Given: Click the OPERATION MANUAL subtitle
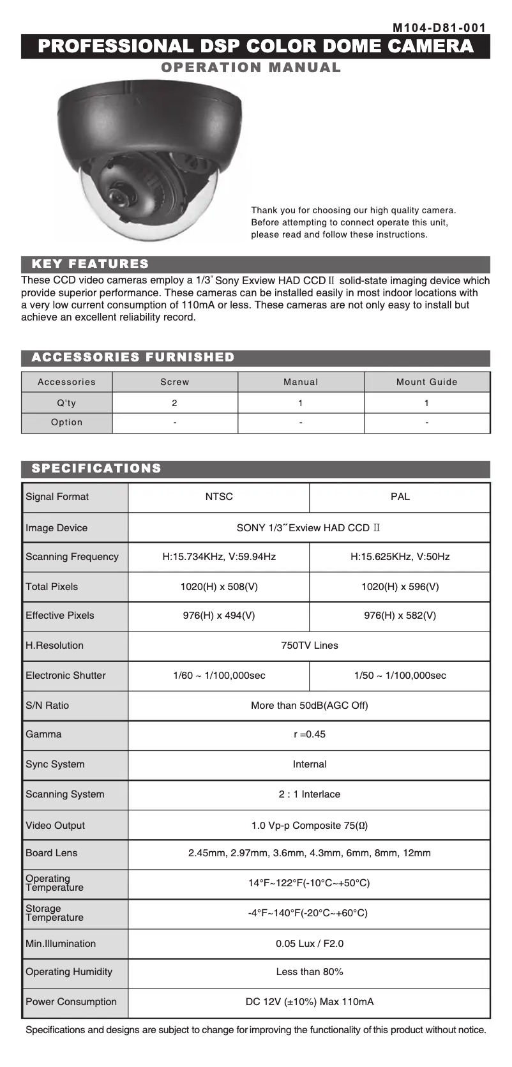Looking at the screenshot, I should pyautogui.click(x=251, y=68).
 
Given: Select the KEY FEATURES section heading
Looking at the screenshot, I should pyautogui.click(x=90, y=264).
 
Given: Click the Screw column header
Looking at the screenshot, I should pyautogui.click(x=174, y=382).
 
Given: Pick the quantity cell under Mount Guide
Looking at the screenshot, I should pyautogui.click(x=426, y=403).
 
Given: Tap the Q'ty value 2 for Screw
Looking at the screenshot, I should pyautogui.click(x=174, y=403).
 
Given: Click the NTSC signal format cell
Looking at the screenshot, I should pyautogui.click(x=219, y=497).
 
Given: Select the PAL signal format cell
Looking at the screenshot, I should pyautogui.click(x=400, y=497).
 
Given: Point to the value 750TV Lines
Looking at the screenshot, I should pyautogui.click(x=309, y=646).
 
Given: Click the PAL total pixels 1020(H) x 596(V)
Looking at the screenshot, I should pyautogui.click(x=400, y=587).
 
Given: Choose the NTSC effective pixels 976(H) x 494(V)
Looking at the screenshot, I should pyautogui.click(x=219, y=616).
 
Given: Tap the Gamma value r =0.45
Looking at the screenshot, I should pyautogui.click(x=309, y=734).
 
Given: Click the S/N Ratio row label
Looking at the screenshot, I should pyautogui.click(x=47, y=706).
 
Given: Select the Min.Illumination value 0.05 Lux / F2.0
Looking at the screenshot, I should pyautogui.click(x=309, y=944).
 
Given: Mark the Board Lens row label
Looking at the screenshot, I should pyautogui.click(x=51, y=853).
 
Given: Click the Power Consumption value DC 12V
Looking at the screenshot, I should pyautogui.click(x=309, y=1002).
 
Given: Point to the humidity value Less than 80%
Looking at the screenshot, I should pyautogui.click(x=309, y=972).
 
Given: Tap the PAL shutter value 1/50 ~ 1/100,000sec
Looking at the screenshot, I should pyautogui.click(x=400, y=676).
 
